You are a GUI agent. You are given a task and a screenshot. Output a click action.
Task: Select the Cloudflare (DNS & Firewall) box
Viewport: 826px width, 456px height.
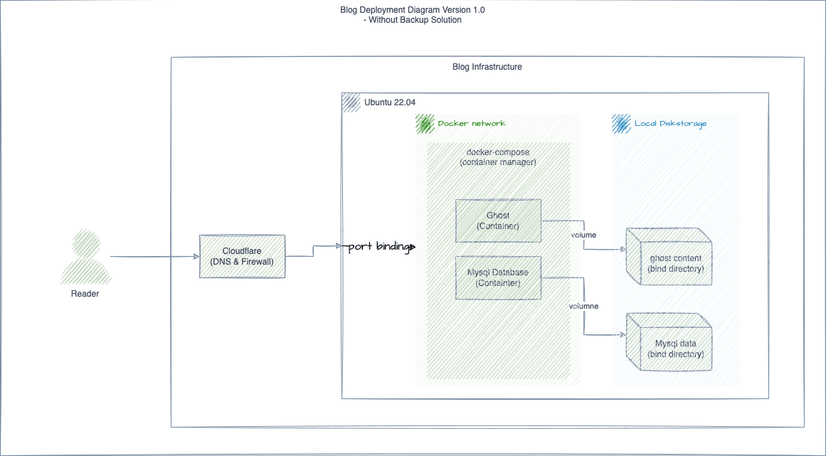pyautogui.click(x=242, y=256)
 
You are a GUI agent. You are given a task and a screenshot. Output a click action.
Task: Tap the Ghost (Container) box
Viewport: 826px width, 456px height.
pyautogui.click(x=498, y=221)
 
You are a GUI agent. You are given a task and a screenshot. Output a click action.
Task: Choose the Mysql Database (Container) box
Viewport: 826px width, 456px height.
pyautogui.click(x=498, y=277)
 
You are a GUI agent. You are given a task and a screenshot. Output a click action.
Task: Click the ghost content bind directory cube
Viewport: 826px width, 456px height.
pyautogui.click(x=669, y=258)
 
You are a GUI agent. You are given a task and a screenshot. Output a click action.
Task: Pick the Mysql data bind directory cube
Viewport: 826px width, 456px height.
pyautogui.click(x=669, y=342)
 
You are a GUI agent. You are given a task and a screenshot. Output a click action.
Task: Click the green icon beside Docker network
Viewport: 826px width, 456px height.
pyautogui.click(x=425, y=124)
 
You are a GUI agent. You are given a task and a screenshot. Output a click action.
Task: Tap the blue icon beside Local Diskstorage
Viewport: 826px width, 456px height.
pyautogui.click(x=621, y=124)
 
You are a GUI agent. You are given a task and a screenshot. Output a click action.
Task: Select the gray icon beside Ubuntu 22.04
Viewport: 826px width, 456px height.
pyautogui.click(x=351, y=102)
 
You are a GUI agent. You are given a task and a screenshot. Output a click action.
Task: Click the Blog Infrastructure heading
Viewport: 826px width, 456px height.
pyautogui.click(x=487, y=67)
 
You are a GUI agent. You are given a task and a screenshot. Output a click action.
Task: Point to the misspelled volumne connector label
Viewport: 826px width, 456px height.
pyautogui.click(x=583, y=306)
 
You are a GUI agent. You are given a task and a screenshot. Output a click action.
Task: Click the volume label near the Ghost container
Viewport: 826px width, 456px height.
pyautogui.click(x=583, y=235)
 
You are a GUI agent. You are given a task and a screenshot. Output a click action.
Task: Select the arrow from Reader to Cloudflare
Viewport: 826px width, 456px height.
pyautogui.click(x=153, y=257)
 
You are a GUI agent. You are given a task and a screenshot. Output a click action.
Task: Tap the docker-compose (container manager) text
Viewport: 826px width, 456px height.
pyautogui.click(x=498, y=157)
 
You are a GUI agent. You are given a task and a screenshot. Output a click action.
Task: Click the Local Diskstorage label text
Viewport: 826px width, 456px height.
pyautogui.click(x=670, y=124)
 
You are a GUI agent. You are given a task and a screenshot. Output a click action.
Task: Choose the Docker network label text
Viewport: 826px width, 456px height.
pyautogui.click(x=471, y=124)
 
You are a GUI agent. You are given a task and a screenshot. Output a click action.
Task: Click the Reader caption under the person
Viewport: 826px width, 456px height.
pyautogui.click(x=85, y=294)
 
